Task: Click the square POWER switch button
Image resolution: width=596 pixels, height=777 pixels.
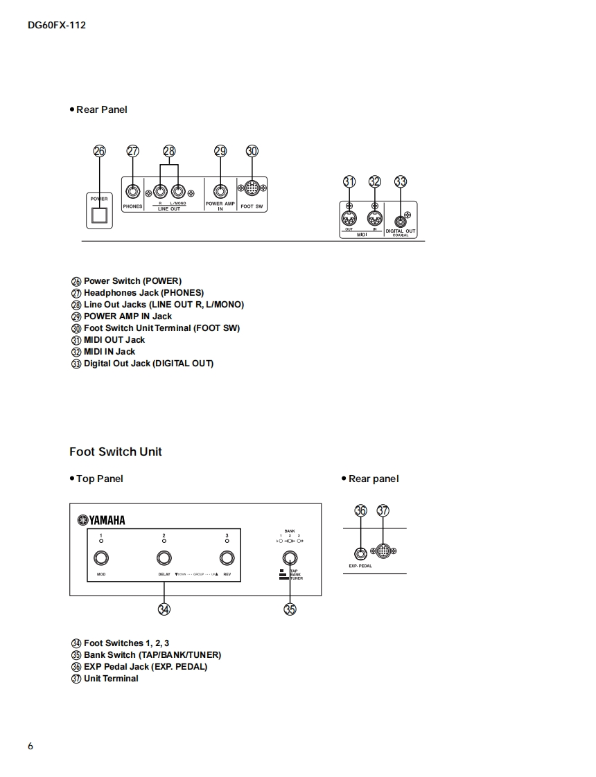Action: (100, 216)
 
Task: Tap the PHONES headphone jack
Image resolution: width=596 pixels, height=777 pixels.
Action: (132, 192)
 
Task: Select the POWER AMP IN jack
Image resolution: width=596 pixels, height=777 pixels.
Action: (220, 192)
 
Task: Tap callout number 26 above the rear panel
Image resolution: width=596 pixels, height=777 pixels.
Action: (100, 152)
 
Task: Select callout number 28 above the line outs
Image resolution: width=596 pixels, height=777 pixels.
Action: (170, 152)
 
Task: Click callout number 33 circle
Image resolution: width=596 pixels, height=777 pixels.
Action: (401, 181)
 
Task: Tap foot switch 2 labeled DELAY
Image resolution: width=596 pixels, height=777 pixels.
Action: (164, 558)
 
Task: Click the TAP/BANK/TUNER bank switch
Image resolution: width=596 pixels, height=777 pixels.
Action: (290, 558)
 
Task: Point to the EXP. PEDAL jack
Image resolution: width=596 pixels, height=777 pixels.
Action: (360, 553)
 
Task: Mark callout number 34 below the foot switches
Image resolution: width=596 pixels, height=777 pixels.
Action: (164, 609)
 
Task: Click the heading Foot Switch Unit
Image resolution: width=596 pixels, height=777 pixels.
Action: (116, 452)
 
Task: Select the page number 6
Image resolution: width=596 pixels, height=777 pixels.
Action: (30, 746)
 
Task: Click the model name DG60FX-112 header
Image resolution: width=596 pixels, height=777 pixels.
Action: (57, 26)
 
